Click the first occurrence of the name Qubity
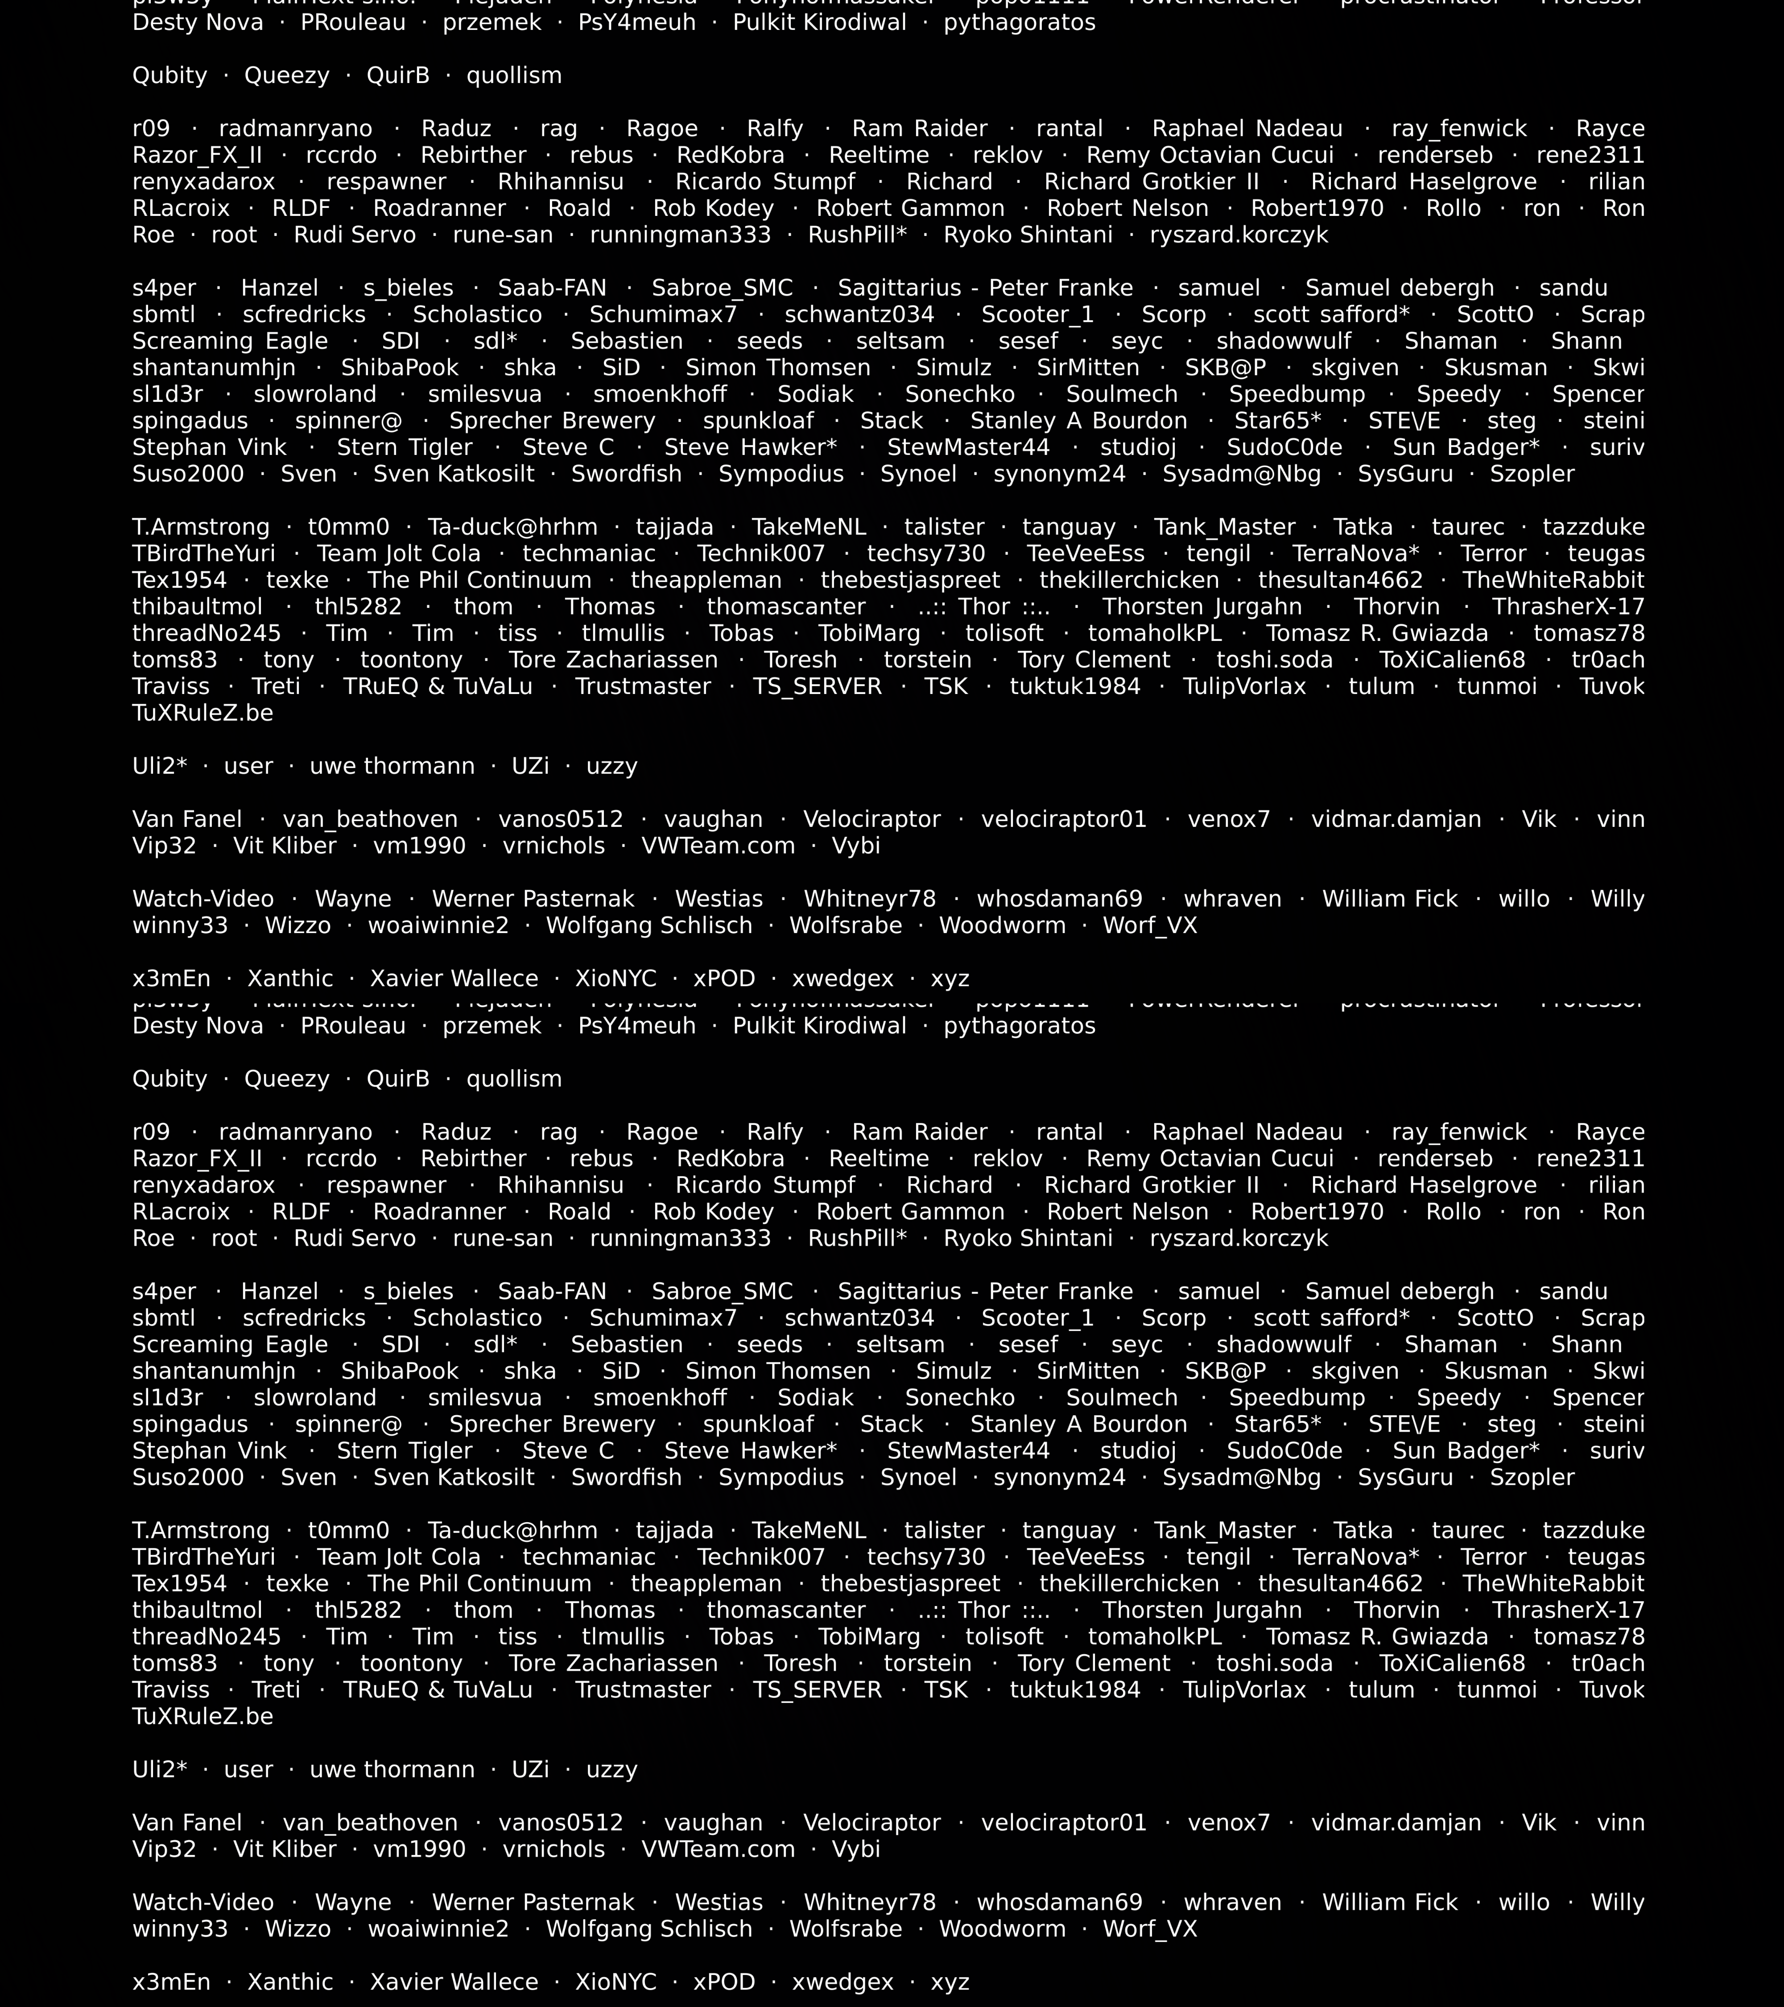click(x=170, y=76)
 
